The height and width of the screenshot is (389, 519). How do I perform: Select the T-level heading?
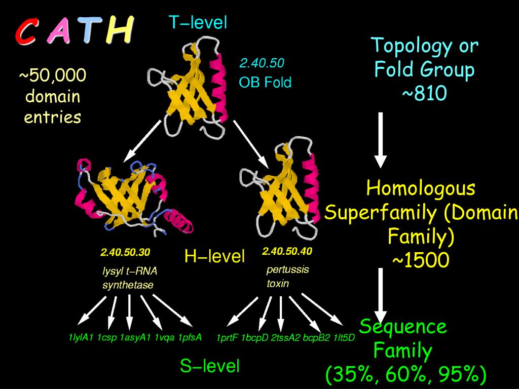click(198, 22)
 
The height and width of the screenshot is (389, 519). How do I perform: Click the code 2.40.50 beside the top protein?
click(262, 63)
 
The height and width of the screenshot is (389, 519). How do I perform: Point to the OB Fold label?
click(265, 82)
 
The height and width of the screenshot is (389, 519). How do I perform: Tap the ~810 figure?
click(425, 94)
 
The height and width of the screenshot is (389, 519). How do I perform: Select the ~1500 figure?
click(420, 261)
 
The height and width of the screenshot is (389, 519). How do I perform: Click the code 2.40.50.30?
click(125, 252)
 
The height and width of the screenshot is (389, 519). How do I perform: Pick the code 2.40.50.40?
click(287, 251)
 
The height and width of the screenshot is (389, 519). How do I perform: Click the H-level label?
click(214, 256)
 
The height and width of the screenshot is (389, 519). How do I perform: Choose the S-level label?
click(209, 366)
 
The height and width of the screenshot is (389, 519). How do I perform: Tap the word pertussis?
click(287, 269)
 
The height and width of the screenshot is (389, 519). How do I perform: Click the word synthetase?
click(128, 285)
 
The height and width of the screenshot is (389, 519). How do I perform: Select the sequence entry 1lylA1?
click(81, 337)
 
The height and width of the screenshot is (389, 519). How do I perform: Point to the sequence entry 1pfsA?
click(190, 337)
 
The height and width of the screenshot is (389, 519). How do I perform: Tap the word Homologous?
click(421, 188)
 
